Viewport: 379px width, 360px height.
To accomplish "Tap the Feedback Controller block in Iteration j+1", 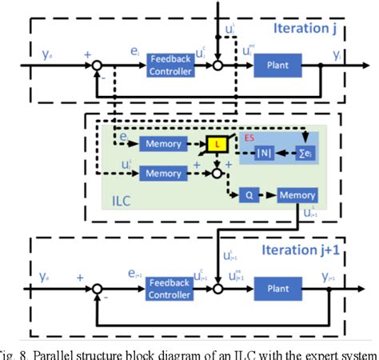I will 170,292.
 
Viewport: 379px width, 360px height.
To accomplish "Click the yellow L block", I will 217,144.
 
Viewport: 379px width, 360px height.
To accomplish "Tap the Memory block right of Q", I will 296,194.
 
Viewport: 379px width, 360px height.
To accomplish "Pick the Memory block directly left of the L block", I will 162,144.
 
